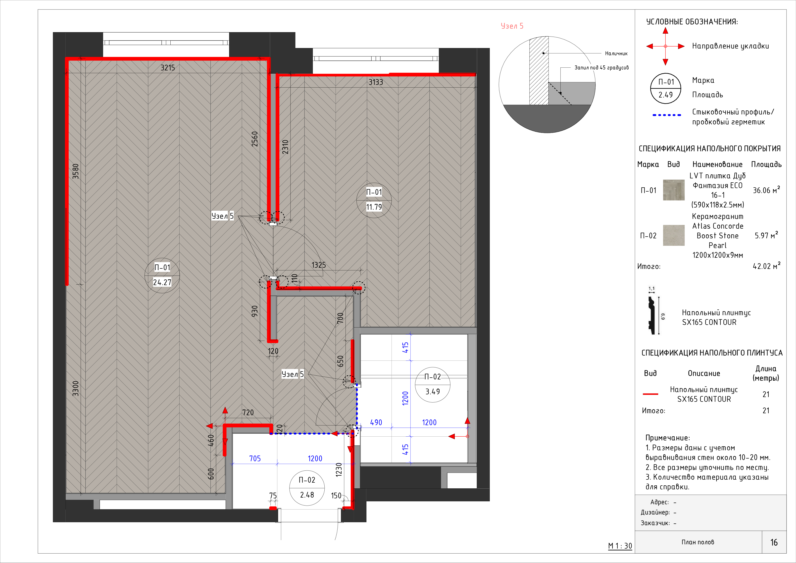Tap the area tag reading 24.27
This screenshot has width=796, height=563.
coord(162,283)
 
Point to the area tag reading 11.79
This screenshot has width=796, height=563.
coord(374,207)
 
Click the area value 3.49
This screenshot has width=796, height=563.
coord(433,392)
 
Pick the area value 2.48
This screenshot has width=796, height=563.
coord(307,495)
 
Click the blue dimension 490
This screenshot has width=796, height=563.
coord(376,423)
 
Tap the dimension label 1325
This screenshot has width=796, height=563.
coord(319,265)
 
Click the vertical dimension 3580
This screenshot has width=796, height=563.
coord(76,171)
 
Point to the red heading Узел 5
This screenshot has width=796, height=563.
coord(512,26)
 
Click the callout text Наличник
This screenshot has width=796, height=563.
coord(616,53)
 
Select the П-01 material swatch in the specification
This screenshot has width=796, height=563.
coord(674,190)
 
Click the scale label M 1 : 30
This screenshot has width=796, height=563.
coord(620,546)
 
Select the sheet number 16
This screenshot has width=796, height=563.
coord(774,543)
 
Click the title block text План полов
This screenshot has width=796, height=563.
coord(698,542)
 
